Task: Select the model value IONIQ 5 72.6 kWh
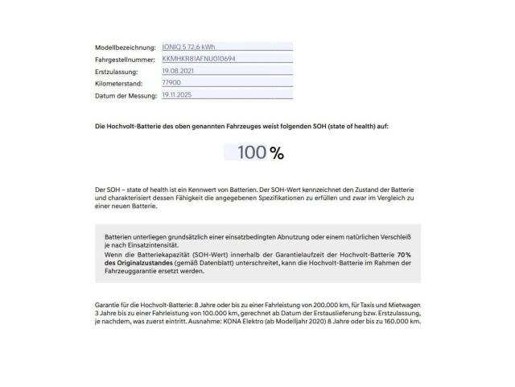[x=188, y=46]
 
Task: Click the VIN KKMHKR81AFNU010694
[x=198, y=58]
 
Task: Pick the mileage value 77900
[x=171, y=83]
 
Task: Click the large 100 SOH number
[x=250, y=152]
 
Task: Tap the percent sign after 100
[x=277, y=153]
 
